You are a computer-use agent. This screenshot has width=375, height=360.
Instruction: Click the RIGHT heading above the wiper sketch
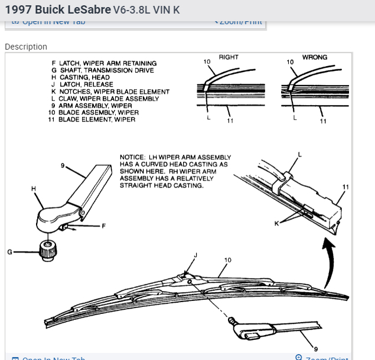pyautogui.click(x=229, y=57)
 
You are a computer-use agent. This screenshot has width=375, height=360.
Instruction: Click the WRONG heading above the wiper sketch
pyautogui.click(x=315, y=57)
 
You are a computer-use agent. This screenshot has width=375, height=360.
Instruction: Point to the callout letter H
pyautogui.click(x=34, y=188)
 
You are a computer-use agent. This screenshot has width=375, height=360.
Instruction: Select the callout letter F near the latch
pyautogui.click(x=103, y=226)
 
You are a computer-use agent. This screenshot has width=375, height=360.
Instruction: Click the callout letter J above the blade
pyautogui.click(x=195, y=255)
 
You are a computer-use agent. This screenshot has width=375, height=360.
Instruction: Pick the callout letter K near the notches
pyautogui.click(x=276, y=222)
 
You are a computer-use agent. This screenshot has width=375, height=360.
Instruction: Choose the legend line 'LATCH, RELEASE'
pyautogui.click(x=86, y=84)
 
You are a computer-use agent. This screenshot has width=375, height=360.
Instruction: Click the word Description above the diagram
pyautogui.click(x=26, y=47)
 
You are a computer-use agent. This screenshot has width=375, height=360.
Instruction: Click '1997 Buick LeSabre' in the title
pyautogui.click(x=57, y=10)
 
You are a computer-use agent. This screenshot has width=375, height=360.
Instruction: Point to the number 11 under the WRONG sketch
pyautogui.click(x=323, y=121)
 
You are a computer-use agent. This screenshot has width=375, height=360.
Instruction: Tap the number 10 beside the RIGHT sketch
pyautogui.click(x=207, y=61)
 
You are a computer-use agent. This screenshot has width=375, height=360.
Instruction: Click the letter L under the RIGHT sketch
pyautogui.click(x=208, y=118)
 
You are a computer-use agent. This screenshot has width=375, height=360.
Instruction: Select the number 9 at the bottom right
pyautogui.click(x=315, y=349)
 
